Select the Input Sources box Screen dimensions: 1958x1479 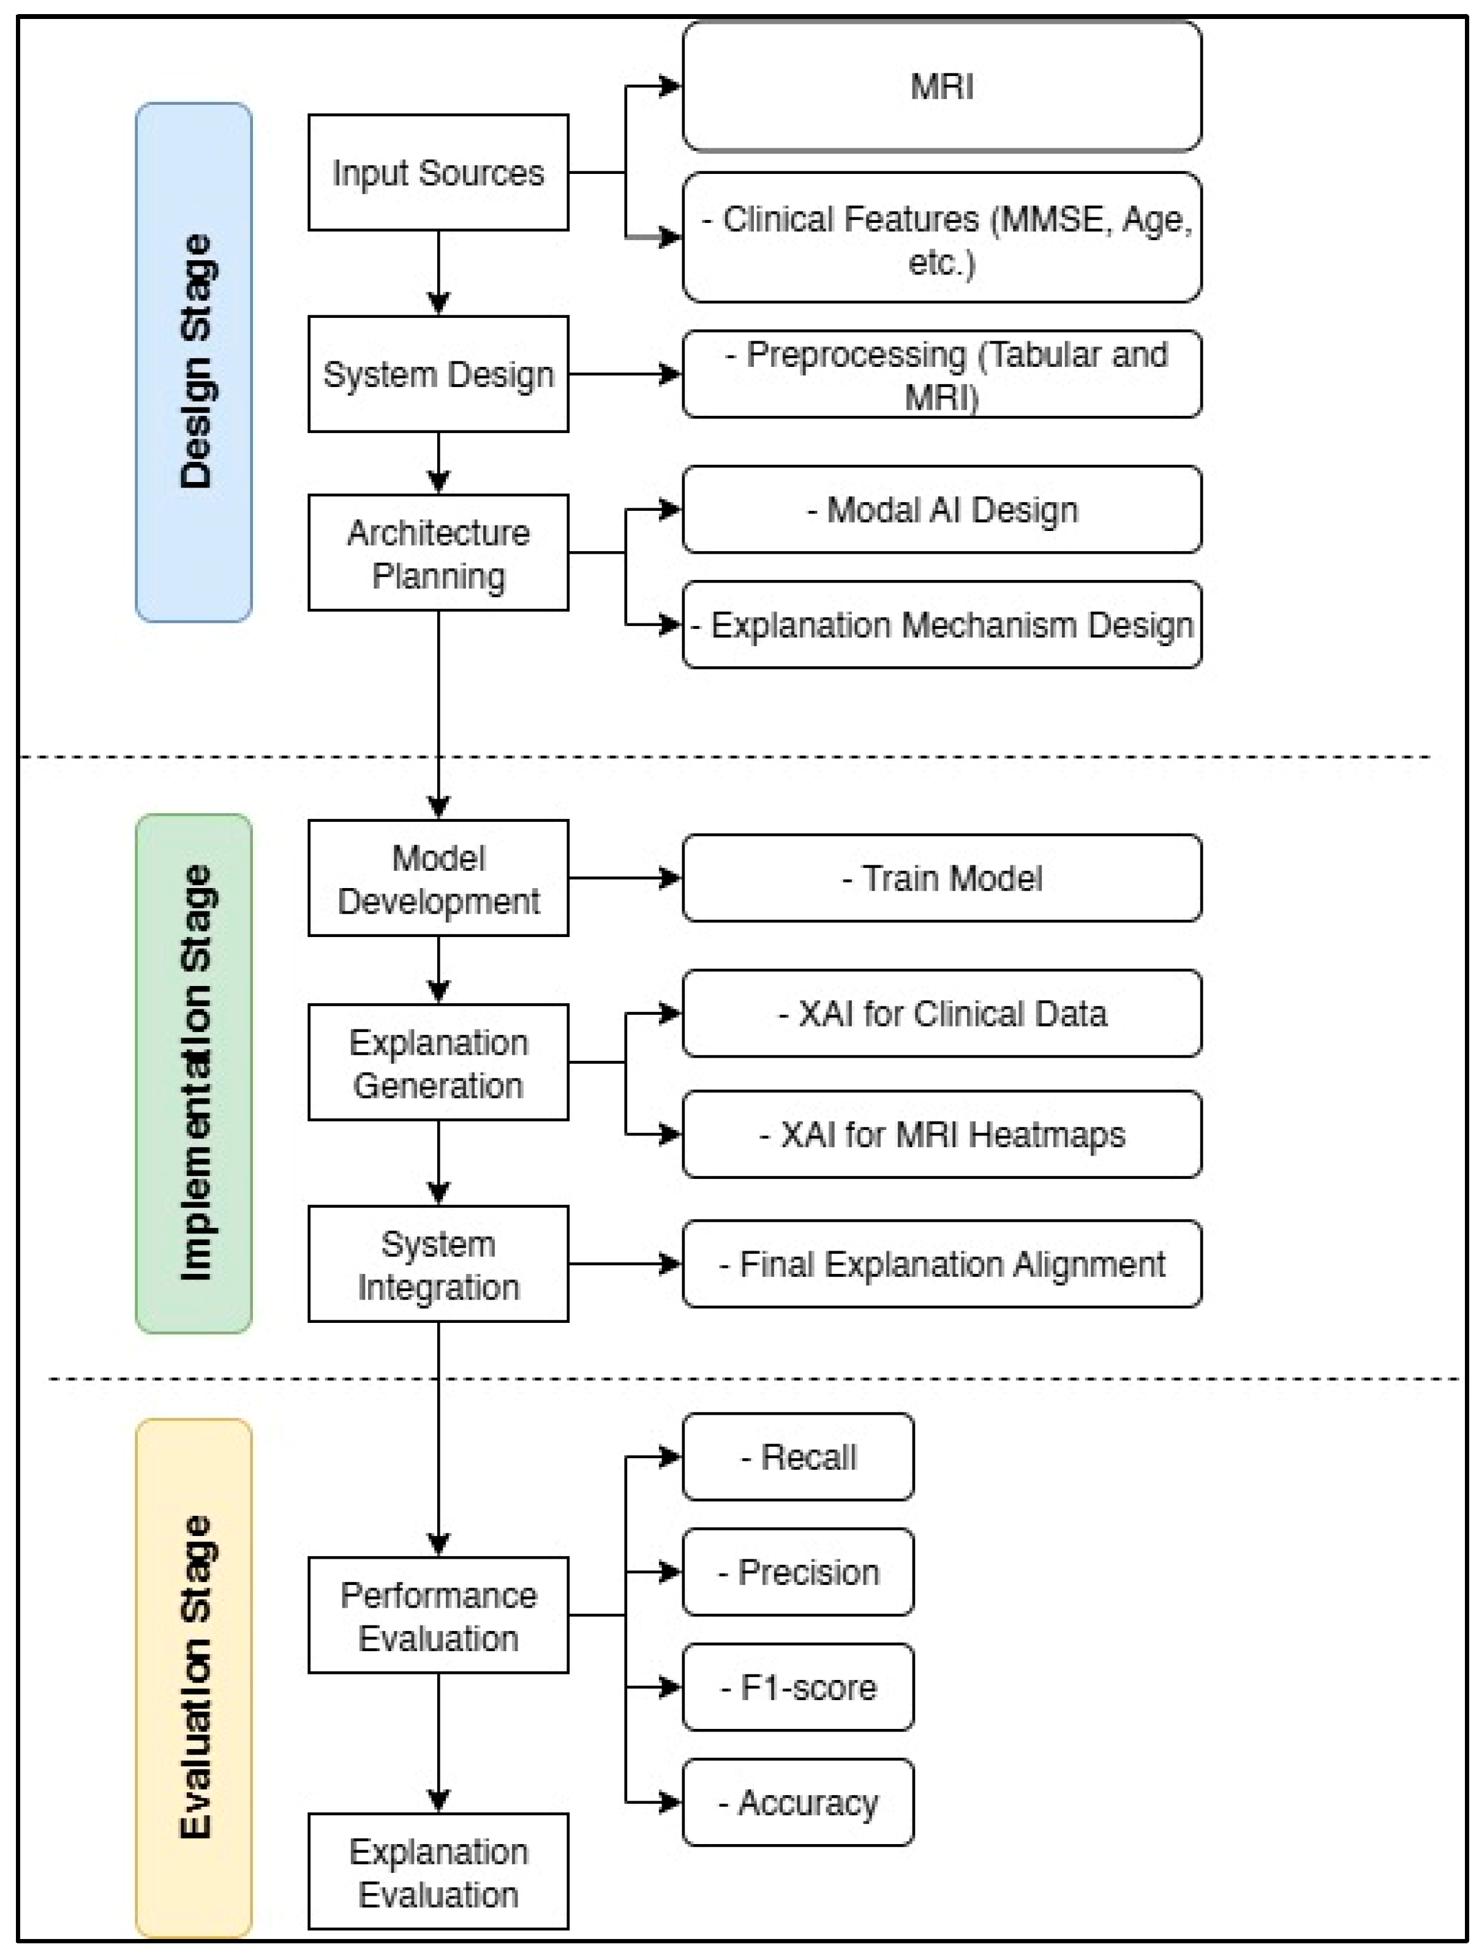pyautogui.click(x=438, y=173)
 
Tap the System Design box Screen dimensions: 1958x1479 pyautogui.click(x=438, y=374)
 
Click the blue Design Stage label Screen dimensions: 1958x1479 pyautogui.click(x=194, y=362)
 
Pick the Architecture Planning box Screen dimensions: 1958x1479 pyautogui.click(x=438, y=552)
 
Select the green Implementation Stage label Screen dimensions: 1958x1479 pyautogui.click(x=194, y=1073)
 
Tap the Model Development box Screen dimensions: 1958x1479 pyautogui.click(x=438, y=878)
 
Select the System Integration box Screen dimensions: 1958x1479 pyautogui.click(x=438, y=1264)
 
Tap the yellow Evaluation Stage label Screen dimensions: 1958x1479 pyautogui.click(x=194, y=1677)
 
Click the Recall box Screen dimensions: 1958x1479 pyautogui.click(x=797, y=1457)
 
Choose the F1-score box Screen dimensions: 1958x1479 pyautogui.click(x=797, y=1687)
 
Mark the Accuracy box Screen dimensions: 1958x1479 pyautogui.click(x=797, y=1802)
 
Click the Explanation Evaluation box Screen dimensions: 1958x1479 pyautogui.click(x=438, y=1872)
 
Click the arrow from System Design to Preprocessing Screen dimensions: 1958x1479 pyautogui.click(x=624, y=374)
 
